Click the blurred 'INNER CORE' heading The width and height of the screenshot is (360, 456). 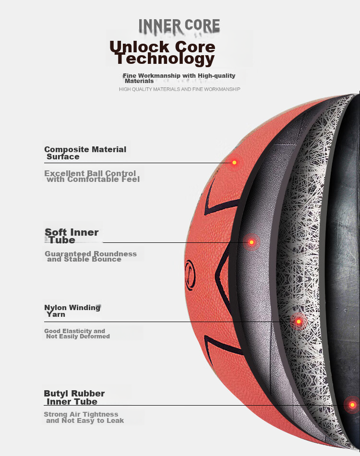tap(179, 26)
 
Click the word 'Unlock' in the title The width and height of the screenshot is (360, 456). tap(139, 47)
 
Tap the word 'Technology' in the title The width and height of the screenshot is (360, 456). tap(165, 59)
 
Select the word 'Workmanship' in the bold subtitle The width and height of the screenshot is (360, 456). tap(159, 76)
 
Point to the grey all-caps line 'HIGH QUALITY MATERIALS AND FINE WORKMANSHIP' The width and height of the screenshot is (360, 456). tap(180, 89)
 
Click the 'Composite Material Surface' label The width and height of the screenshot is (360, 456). tap(85, 153)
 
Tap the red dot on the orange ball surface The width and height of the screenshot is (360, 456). tap(234, 163)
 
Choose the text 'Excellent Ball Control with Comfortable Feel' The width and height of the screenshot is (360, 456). tap(92, 176)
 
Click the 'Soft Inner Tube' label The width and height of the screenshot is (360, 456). tap(72, 236)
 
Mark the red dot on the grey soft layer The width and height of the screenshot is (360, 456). tap(252, 242)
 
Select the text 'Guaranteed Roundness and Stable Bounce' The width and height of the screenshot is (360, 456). tap(91, 256)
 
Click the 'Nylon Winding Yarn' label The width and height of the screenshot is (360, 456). tap(72, 311)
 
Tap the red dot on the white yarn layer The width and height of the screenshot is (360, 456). tap(299, 321)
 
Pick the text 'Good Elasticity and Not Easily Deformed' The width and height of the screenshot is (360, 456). tap(77, 334)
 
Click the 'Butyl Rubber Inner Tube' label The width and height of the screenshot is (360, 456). tap(74, 397)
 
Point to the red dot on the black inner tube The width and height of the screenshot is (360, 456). tap(352, 405)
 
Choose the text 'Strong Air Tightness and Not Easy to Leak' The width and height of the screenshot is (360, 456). tap(84, 417)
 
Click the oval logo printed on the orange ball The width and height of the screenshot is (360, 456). tap(190, 275)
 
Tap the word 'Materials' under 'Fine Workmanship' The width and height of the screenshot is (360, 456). tap(139, 81)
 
